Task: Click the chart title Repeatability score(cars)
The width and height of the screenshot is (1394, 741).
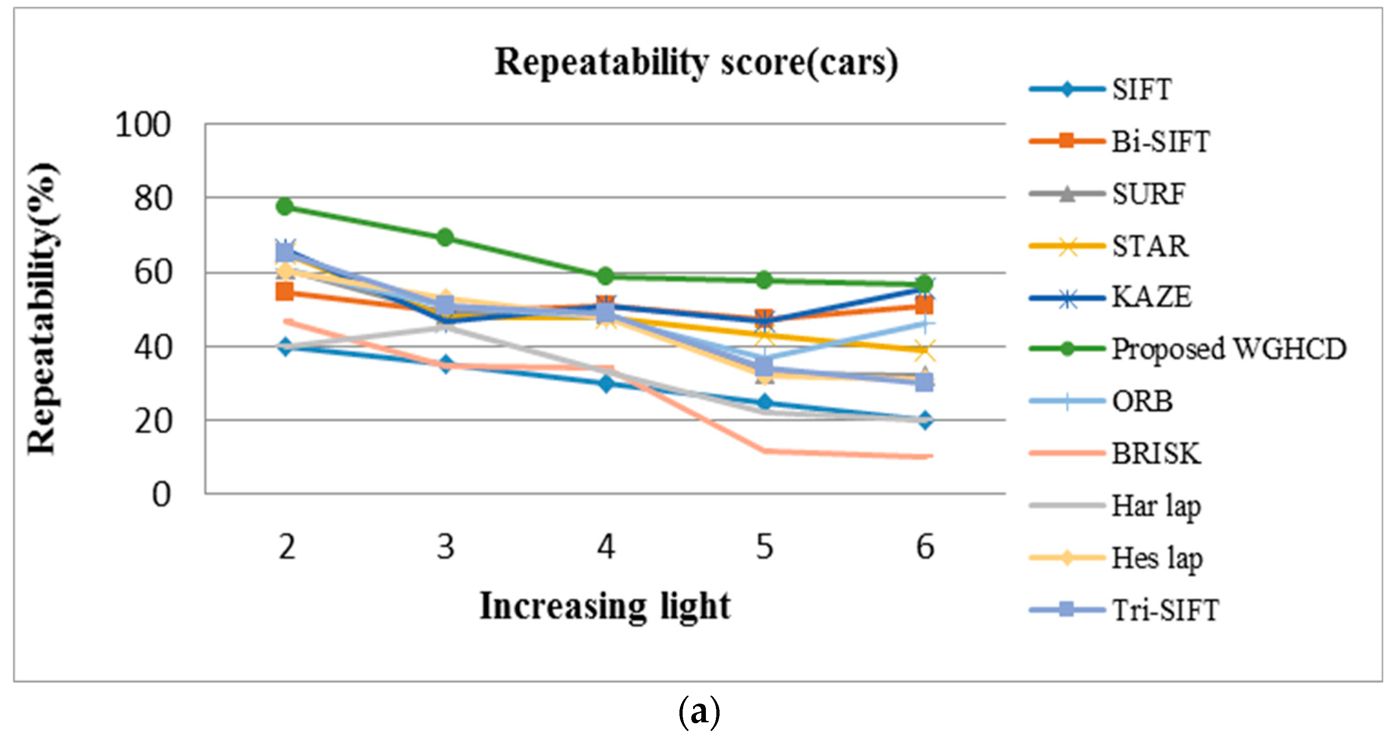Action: [x=696, y=63]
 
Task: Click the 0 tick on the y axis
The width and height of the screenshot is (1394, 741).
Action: [x=161, y=495]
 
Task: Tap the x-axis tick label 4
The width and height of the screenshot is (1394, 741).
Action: [x=606, y=547]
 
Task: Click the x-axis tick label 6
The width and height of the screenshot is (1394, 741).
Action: [x=925, y=547]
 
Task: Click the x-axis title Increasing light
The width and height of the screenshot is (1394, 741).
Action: [x=605, y=606]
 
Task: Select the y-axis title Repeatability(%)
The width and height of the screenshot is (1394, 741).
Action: [x=42, y=309]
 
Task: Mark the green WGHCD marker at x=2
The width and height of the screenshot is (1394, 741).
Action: [x=285, y=206]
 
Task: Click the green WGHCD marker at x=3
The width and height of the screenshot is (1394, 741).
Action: [x=445, y=237]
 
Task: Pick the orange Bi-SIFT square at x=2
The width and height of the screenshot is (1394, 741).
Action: [x=285, y=292]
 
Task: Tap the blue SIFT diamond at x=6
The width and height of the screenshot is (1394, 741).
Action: [x=925, y=420]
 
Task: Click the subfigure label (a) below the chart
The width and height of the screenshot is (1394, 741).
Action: [x=699, y=712]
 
